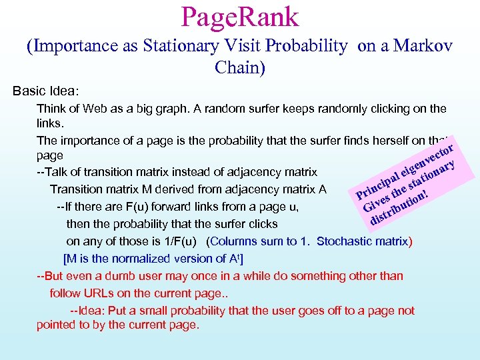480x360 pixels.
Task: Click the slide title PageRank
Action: (239, 17)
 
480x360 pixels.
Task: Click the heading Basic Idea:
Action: (46, 90)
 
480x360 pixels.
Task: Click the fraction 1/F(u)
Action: (185, 241)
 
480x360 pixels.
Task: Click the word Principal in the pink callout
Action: (377, 185)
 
